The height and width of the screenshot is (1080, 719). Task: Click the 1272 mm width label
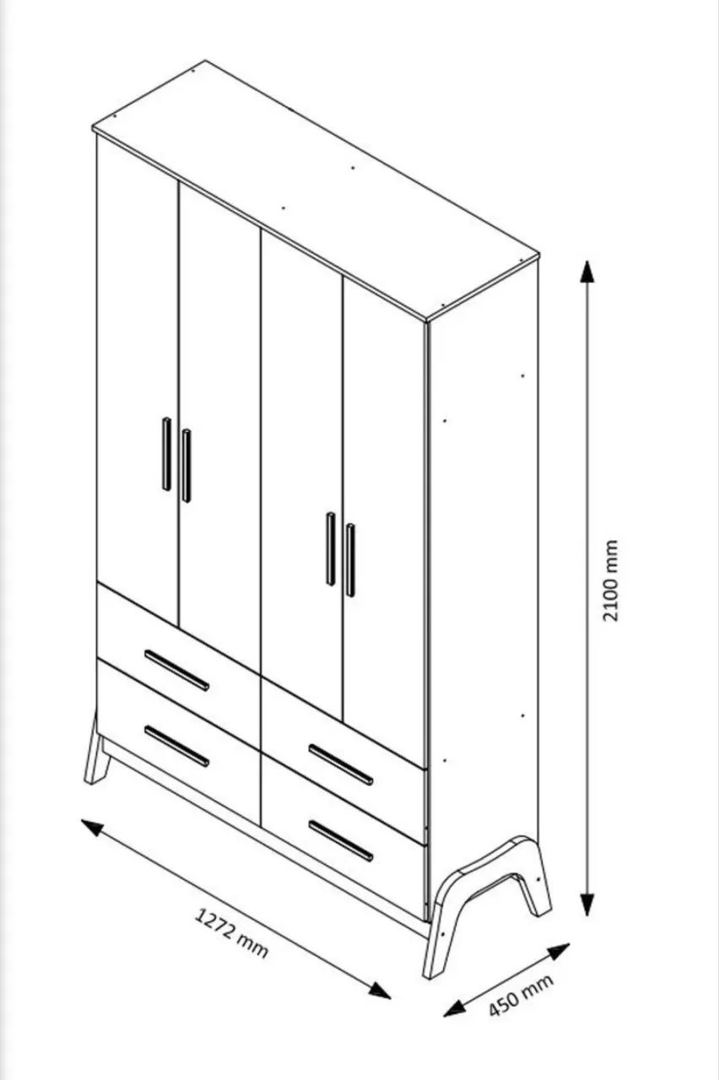pyautogui.click(x=231, y=932)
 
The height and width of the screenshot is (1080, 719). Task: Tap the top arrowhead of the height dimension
pyautogui.click(x=587, y=272)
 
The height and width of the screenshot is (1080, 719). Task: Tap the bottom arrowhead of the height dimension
pyautogui.click(x=587, y=904)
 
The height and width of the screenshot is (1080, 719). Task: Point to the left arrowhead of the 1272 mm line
pyautogui.click(x=92, y=828)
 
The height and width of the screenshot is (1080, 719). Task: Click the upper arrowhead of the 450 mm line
pyautogui.click(x=559, y=951)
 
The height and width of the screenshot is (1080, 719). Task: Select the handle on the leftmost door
pyautogui.click(x=166, y=454)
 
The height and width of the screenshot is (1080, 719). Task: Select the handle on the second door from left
pyautogui.click(x=187, y=466)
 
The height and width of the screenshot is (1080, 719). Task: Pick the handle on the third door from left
pyautogui.click(x=330, y=548)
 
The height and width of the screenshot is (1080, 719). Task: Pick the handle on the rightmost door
pyautogui.click(x=350, y=560)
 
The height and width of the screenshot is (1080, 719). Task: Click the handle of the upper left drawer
pyautogui.click(x=177, y=670)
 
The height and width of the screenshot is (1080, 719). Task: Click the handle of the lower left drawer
pyautogui.click(x=177, y=747)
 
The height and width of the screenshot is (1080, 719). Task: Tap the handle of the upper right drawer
pyautogui.click(x=341, y=764)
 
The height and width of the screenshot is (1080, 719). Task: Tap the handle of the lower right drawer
pyautogui.click(x=341, y=841)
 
